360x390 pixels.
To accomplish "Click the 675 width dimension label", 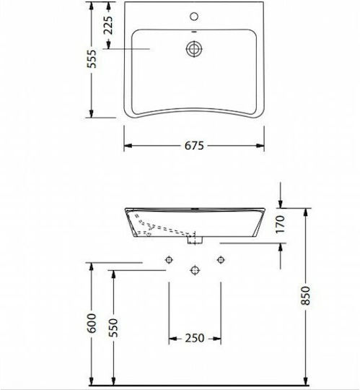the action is pyautogui.click(x=194, y=145).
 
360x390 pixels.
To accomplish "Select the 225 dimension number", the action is pyautogui.click(x=108, y=25).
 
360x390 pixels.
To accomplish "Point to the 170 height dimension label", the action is pyautogui.click(x=280, y=224).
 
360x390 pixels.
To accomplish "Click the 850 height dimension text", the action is pyautogui.click(x=306, y=295).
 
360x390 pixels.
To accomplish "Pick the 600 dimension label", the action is pyautogui.click(x=92, y=324).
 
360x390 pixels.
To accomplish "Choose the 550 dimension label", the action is pyautogui.click(x=113, y=328).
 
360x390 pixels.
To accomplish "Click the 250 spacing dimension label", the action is pyautogui.click(x=195, y=338).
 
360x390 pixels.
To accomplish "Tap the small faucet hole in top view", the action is pyautogui.click(x=194, y=17).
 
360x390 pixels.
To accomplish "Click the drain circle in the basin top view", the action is pyautogui.click(x=194, y=49).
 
